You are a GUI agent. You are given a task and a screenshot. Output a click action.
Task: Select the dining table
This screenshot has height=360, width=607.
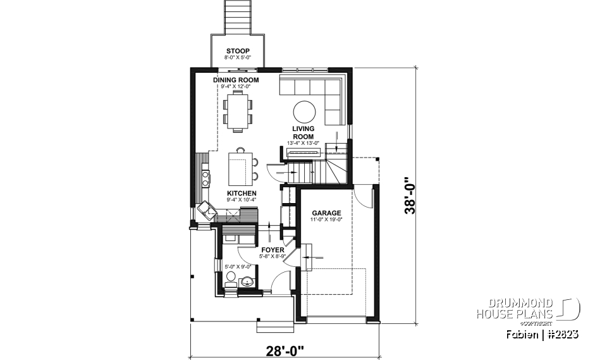[x=237, y=111]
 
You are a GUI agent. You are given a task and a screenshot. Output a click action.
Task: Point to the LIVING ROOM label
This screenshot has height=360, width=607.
[x=303, y=132]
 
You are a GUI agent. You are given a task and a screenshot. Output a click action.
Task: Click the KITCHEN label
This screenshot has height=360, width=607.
[x=242, y=193]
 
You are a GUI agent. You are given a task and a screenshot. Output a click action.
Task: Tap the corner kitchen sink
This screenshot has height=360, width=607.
[x=205, y=208]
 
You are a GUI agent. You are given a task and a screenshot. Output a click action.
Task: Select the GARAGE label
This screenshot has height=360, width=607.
[x=326, y=213]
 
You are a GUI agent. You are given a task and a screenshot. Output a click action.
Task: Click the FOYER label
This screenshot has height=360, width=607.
[x=271, y=250]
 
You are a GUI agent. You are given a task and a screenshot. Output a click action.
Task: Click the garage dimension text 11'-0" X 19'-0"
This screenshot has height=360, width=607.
[x=326, y=220]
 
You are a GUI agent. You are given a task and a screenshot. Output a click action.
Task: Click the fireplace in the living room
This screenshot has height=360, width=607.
[x=301, y=151]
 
